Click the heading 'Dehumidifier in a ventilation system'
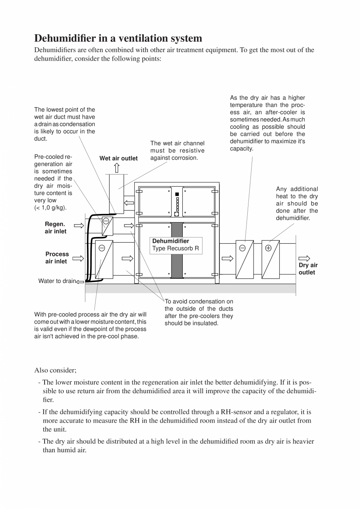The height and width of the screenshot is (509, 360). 118,38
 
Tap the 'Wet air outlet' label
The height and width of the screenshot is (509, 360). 119,158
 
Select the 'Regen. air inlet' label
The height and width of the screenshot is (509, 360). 55,228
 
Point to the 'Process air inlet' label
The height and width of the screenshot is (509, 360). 57,257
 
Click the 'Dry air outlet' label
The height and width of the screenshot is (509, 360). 308,269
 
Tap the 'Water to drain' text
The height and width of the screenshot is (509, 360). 57,281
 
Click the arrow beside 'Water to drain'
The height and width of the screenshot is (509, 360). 80,281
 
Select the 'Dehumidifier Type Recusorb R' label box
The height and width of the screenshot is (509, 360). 176,245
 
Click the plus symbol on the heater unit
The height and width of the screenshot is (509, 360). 268,248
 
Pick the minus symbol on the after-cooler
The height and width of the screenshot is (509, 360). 242,248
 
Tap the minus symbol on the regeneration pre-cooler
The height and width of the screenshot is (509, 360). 106,221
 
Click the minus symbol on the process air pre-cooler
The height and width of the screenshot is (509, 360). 102,248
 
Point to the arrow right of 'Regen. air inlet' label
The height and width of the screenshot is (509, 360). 79,225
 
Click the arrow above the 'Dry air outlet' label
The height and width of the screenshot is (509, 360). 304,258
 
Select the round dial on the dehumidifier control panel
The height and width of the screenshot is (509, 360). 177,214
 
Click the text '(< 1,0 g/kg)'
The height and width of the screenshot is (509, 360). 50,207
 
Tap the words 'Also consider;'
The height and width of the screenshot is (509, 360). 55,370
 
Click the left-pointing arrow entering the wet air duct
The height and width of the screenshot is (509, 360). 129,203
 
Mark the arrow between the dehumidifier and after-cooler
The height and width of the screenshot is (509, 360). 227,258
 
